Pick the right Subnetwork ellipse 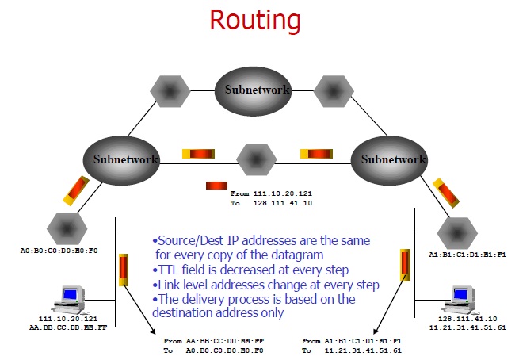[x=393, y=159]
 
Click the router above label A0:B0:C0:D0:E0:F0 [x=67, y=228]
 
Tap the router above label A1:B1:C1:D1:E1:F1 [x=456, y=232]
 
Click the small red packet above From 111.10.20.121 [x=216, y=186]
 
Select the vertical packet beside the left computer [x=124, y=269]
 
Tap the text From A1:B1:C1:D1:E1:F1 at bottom [x=353, y=340]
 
